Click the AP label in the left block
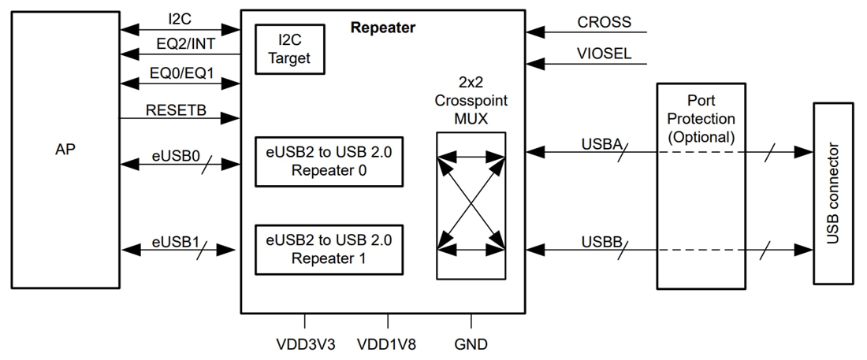(x=66, y=149)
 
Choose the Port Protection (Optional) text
(x=700, y=119)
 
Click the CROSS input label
(x=604, y=22)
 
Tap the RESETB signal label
(x=176, y=109)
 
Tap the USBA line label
(x=601, y=144)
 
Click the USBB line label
(x=601, y=239)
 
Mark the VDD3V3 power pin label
(x=305, y=344)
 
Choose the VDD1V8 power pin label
(x=388, y=344)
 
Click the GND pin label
(x=471, y=344)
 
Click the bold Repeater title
(x=382, y=28)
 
